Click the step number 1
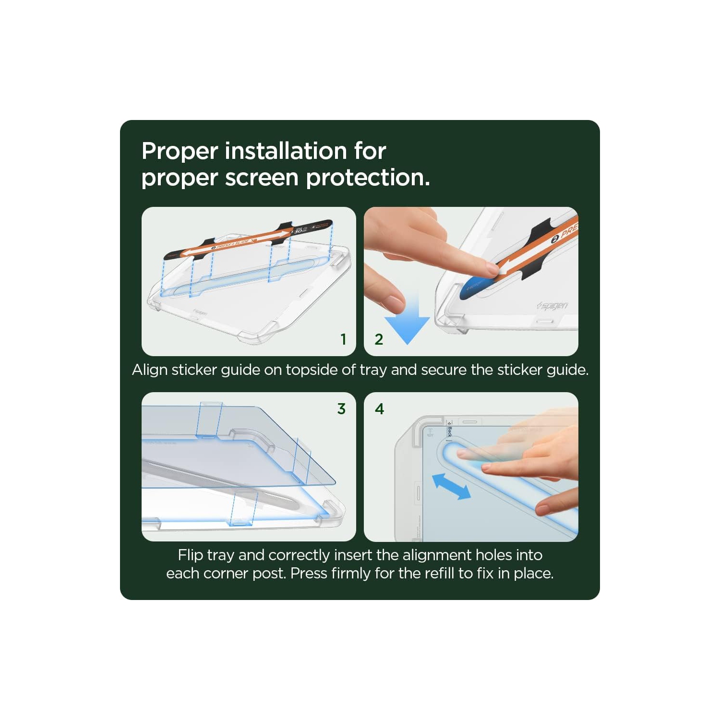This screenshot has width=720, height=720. [343, 339]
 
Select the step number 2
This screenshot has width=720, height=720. [379, 339]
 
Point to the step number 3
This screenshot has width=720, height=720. [341, 409]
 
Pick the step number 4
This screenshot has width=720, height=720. [379, 409]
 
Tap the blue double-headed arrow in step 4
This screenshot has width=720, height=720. [451, 487]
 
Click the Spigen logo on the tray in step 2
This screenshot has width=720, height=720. [553, 305]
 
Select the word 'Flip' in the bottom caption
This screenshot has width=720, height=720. [190, 555]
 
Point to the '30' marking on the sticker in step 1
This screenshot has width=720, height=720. [298, 231]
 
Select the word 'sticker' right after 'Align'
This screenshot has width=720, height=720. [194, 370]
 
